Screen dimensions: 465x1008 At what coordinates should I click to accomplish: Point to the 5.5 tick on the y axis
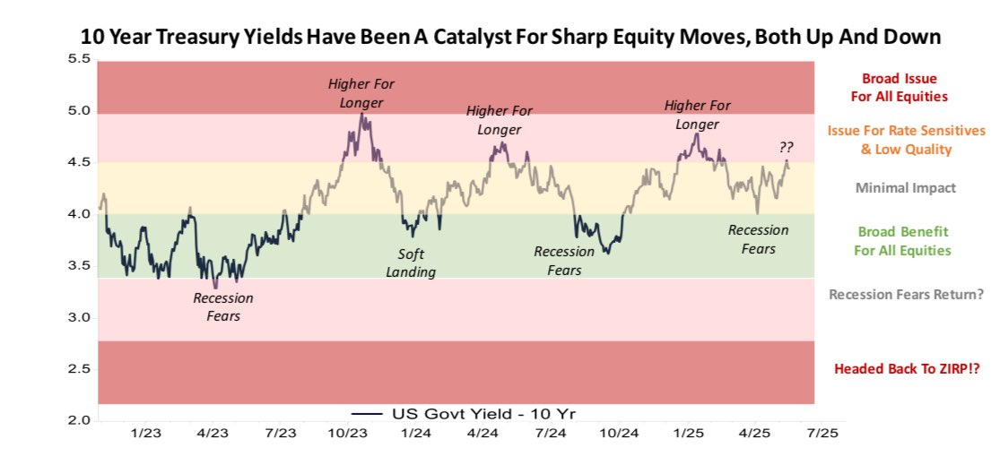click(x=79, y=59)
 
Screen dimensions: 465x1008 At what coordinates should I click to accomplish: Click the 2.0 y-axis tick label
click(x=79, y=420)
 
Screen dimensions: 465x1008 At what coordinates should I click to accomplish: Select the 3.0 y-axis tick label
click(x=79, y=317)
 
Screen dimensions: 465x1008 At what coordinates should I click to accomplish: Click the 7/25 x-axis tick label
click(x=822, y=433)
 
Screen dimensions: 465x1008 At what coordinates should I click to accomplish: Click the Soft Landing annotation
click(x=411, y=263)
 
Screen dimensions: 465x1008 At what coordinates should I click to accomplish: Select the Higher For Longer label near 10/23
click(x=361, y=93)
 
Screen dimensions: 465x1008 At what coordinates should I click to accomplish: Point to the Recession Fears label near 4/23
click(x=223, y=306)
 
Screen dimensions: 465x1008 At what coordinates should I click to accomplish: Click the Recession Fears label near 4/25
click(x=759, y=239)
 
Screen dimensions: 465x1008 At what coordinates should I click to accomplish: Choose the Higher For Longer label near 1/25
click(x=697, y=115)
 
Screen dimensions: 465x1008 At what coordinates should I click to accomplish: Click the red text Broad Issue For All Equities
click(x=904, y=87)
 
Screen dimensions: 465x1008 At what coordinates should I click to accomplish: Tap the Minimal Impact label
click(x=905, y=188)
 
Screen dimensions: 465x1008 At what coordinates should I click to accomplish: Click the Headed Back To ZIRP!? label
click(x=907, y=368)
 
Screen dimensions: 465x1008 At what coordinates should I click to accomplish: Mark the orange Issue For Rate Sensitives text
click(x=906, y=140)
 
